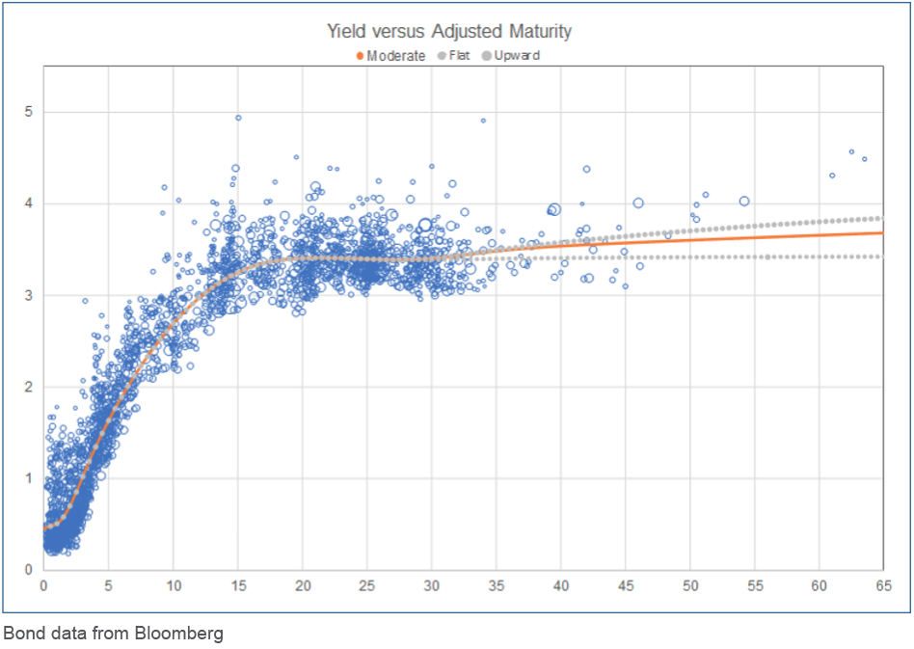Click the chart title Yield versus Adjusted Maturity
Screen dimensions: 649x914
pyautogui.click(x=449, y=32)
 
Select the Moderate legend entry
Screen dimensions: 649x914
pyautogui.click(x=395, y=56)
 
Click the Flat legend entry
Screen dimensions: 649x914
pyautogui.click(x=461, y=56)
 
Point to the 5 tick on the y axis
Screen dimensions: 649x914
pyautogui.click(x=29, y=112)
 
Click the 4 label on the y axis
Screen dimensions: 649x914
pyautogui.click(x=29, y=203)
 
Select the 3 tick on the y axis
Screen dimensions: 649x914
pyautogui.click(x=29, y=295)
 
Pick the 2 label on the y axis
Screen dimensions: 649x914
pyautogui.click(x=29, y=387)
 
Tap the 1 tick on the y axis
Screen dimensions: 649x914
pyautogui.click(x=29, y=478)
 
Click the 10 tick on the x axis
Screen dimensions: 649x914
pyautogui.click(x=174, y=585)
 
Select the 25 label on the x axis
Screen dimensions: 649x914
pyautogui.click(x=367, y=585)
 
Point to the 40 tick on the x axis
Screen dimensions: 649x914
pyautogui.click(x=561, y=585)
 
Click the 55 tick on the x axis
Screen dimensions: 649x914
pyautogui.click(x=755, y=585)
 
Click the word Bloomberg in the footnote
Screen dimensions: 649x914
pyautogui.click(x=184, y=634)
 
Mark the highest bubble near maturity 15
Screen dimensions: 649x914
pyautogui.click(x=238, y=118)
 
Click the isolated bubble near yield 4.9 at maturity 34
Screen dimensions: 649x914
pyautogui.click(x=483, y=121)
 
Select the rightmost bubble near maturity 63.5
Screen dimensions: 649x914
pyautogui.click(x=864, y=159)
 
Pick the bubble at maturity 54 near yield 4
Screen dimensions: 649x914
pyautogui.click(x=744, y=201)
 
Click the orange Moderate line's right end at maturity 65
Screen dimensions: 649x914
pyautogui.click(x=881, y=232)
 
